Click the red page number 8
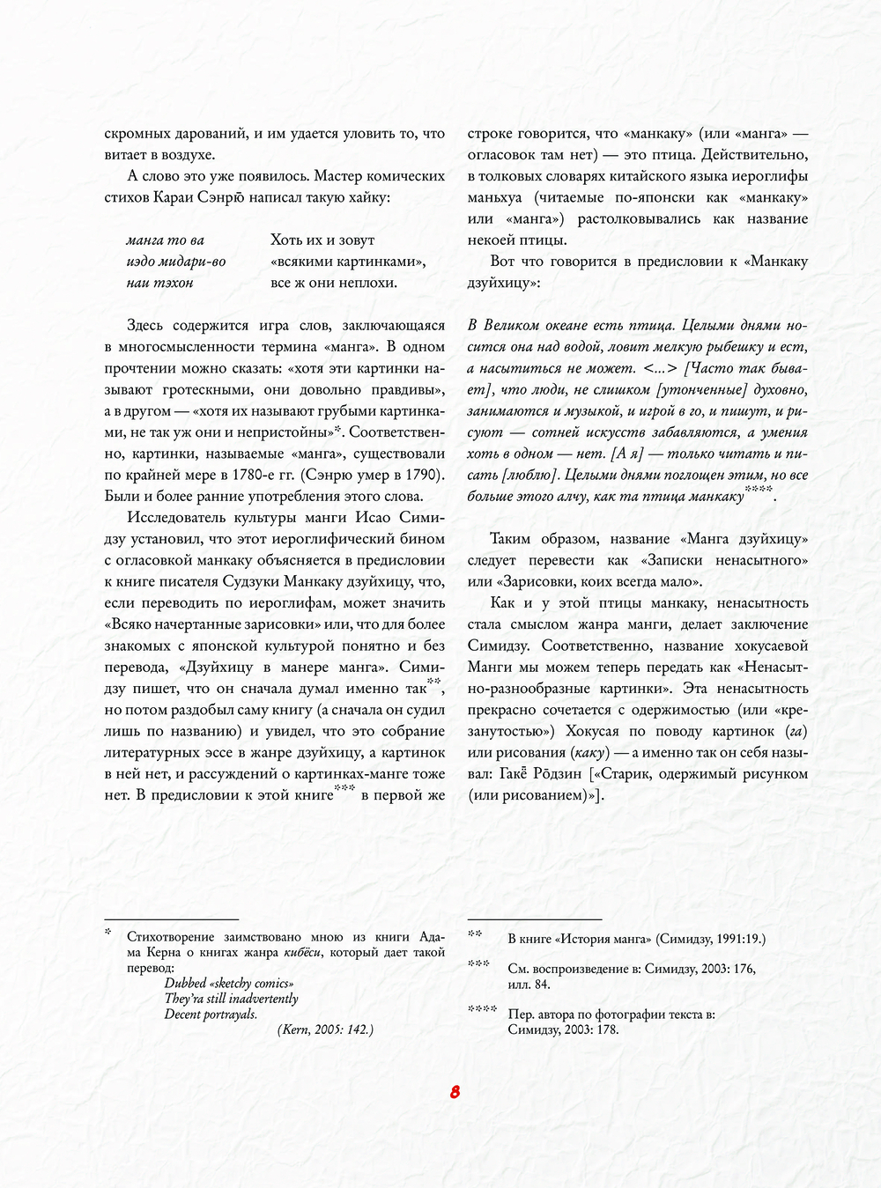tap(455, 1092)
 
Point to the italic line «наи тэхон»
tap(159, 283)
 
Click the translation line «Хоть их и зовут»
tap(322, 240)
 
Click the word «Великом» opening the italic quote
tap(515, 326)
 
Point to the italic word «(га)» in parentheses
tap(796, 731)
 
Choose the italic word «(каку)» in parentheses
tap(587, 752)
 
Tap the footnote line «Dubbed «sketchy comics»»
tap(229, 983)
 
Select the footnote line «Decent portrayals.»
tap(211, 1014)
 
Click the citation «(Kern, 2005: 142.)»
tap(325, 1029)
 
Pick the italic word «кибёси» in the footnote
tap(302, 952)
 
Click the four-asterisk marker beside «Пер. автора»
tap(482, 1009)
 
